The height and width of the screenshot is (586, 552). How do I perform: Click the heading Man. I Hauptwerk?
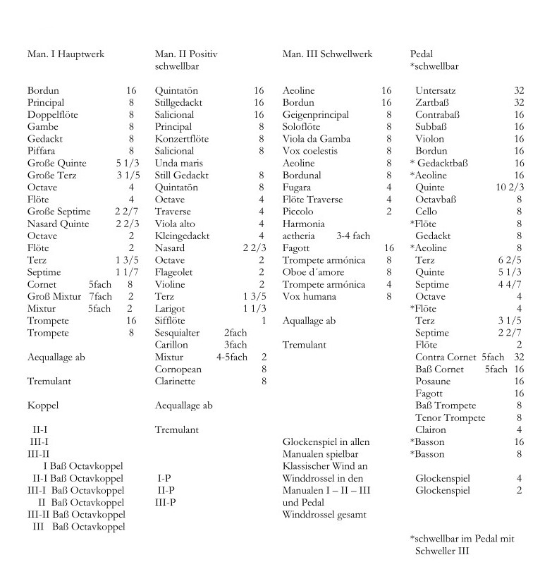(66, 54)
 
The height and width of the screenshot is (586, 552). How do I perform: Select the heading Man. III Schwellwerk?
(327, 54)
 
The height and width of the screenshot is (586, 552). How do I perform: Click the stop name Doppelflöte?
(53, 114)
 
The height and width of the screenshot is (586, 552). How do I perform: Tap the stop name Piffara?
(42, 151)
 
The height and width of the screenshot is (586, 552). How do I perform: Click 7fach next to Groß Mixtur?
(101, 296)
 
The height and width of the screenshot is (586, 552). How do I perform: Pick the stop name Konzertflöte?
(182, 139)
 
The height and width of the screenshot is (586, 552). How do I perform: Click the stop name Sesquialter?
(178, 332)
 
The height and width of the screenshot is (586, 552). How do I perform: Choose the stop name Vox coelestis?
(309, 151)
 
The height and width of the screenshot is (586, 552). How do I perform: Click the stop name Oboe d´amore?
(314, 272)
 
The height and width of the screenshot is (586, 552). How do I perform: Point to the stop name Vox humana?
(309, 296)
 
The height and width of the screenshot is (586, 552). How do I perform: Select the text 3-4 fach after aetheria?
(353, 236)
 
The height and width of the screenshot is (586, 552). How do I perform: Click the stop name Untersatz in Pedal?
(436, 90)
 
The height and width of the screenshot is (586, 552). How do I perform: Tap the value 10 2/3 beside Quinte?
(510, 187)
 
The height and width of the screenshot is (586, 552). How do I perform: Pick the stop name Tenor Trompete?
(450, 417)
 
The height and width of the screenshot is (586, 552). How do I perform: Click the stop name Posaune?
(433, 381)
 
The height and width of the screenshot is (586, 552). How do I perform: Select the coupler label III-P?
(166, 502)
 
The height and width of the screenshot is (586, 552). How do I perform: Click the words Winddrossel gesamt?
(324, 514)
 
